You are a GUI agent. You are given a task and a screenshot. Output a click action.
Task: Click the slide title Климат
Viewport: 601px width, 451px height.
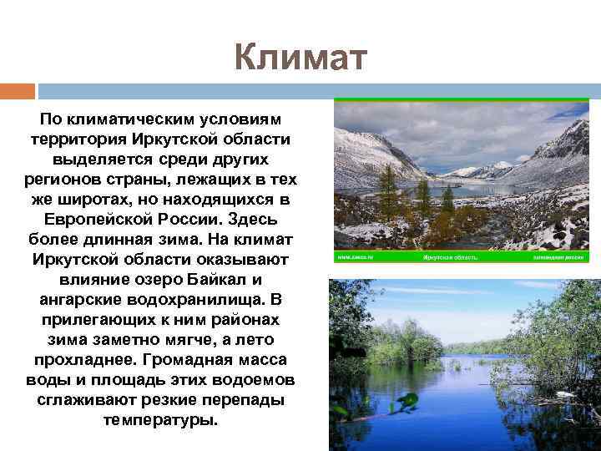point(300,58)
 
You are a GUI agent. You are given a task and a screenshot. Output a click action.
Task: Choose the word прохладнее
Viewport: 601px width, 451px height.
point(86,360)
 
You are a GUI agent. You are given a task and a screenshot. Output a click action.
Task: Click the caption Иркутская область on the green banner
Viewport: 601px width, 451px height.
point(450,258)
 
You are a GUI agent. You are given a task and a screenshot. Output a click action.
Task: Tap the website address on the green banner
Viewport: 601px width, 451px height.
point(356,258)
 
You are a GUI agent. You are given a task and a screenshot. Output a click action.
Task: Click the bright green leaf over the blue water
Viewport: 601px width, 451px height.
point(407,401)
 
